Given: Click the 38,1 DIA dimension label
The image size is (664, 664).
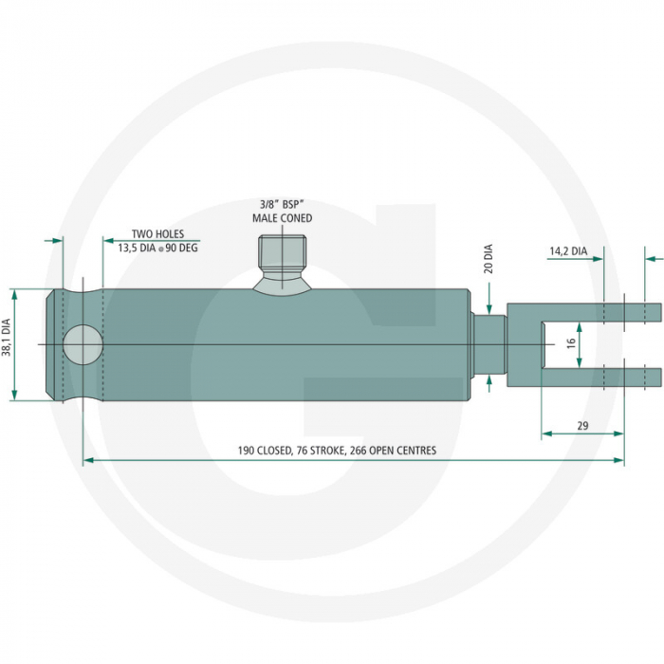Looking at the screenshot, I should coord(8,337).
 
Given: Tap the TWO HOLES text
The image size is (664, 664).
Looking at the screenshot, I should coord(157,233).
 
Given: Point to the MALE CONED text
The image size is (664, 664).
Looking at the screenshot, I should coord(282,218).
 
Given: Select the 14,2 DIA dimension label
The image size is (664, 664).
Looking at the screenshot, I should coord(567,251).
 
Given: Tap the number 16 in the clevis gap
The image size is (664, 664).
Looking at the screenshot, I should coord(571,343).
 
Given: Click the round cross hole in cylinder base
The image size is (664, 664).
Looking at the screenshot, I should coord(83,344).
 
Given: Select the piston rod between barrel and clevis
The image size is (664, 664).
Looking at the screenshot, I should coord(489,343).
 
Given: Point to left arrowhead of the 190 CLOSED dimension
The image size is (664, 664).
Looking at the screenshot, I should coord(88,460).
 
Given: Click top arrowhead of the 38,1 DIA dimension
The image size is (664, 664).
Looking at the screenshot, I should coord(15,292).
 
